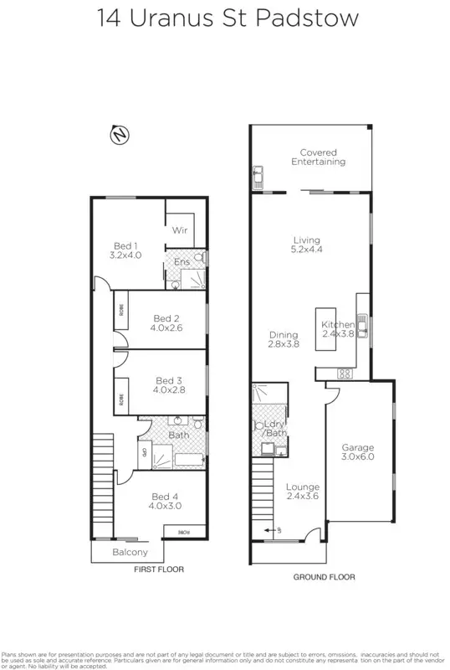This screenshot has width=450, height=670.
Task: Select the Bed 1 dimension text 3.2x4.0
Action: pos(126,255)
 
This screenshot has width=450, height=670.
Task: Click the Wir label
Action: pos(179,229)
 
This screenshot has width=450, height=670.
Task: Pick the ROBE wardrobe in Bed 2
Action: pos(120,318)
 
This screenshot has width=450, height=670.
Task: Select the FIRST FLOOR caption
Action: pos(159,569)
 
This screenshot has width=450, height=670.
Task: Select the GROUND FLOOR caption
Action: pos(323,577)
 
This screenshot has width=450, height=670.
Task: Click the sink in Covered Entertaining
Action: pos(258,177)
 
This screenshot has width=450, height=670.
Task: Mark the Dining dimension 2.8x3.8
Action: pos(284,343)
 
